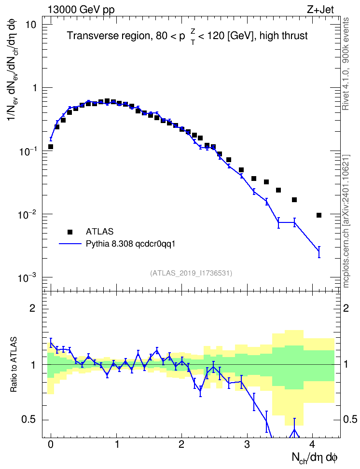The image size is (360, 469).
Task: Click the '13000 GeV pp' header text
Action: (x=81, y=10)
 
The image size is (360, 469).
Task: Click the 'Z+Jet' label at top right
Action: (x=320, y=10)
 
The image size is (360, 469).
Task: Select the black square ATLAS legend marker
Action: (x=69, y=232)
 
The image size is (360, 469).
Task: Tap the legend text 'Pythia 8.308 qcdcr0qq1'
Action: (x=130, y=244)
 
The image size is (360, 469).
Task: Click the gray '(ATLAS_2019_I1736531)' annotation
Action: (x=191, y=273)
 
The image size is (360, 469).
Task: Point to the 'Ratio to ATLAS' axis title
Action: (x=14, y=364)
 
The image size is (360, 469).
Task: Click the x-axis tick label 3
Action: (x=247, y=444)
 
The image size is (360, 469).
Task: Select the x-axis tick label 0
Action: (x=51, y=444)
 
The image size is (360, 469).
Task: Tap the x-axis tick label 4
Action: (x=312, y=444)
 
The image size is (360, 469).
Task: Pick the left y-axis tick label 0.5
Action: (x=29, y=420)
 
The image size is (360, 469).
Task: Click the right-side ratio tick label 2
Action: (x=346, y=308)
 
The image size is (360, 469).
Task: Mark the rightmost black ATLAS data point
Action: (x=319, y=215)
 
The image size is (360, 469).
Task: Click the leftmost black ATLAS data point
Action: (x=51, y=147)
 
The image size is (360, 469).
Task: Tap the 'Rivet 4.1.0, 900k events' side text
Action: (x=346, y=64)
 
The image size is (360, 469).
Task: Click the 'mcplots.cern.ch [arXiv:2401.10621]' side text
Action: (x=346, y=221)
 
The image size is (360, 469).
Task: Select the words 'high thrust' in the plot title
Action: (x=284, y=36)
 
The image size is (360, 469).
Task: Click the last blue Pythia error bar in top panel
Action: (x=319, y=252)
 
